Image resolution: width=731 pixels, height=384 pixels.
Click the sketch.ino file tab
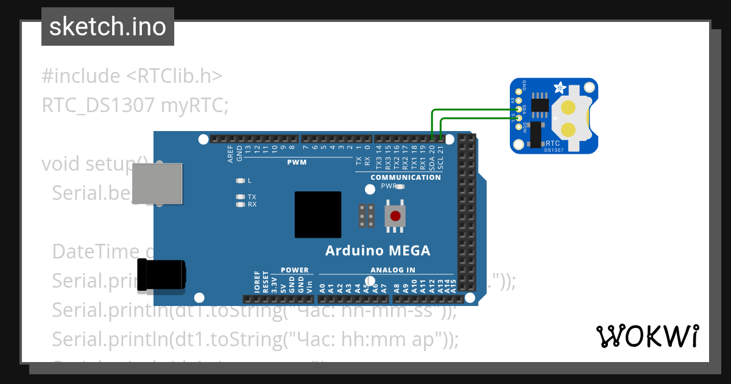pyautogui.click(x=108, y=27)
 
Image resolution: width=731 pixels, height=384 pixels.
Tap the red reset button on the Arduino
pyautogui.click(x=395, y=216)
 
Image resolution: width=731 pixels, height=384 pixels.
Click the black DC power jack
pyautogui.click(x=161, y=274)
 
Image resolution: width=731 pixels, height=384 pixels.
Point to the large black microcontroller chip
pyautogui.click(x=317, y=215)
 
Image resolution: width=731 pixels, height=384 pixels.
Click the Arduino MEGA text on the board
pyautogui.click(x=378, y=251)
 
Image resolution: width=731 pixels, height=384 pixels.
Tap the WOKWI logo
pyautogui.click(x=647, y=336)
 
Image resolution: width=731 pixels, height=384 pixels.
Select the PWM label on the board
pyautogui.click(x=297, y=163)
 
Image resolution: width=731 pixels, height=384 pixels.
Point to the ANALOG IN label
pyautogui.click(x=393, y=270)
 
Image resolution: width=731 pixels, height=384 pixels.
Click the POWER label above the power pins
pyautogui.click(x=295, y=270)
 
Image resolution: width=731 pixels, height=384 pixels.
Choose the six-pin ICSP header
pyautogui.click(x=367, y=216)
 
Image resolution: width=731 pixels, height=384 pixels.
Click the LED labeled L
pyautogui.click(x=240, y=181)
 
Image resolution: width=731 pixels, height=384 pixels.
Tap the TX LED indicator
pyautogui.click(x=240, y=197)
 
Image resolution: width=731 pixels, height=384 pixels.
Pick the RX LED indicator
pyautogui.click(x=240, y=205)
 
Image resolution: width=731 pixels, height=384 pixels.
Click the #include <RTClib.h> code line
pyautogui.click(x=132, y=76)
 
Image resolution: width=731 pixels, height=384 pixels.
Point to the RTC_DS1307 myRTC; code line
pyautogui.click(x=135, y=105)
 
